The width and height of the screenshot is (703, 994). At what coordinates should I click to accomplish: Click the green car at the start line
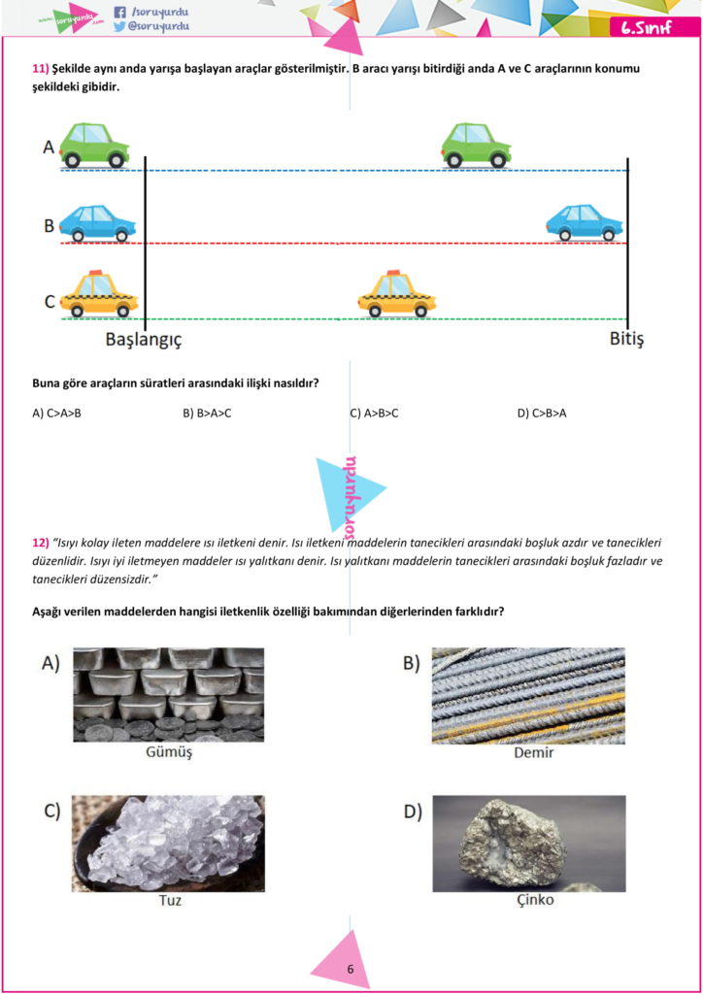[x=94, y=146]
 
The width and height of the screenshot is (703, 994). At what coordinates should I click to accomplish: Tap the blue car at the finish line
[x=584, y=222]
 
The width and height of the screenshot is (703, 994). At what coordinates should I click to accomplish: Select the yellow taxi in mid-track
[x=397, y=295]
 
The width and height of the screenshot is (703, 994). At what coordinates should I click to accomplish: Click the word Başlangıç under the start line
[x=144, y=340]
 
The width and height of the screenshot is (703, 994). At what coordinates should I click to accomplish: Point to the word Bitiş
[x=626, y=339]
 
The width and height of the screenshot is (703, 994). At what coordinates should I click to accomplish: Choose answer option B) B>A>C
[x=207, y=414]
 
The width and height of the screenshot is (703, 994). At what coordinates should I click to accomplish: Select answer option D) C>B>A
[x=542, y=414]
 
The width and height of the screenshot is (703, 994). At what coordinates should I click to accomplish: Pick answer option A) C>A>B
[x=56, y=414]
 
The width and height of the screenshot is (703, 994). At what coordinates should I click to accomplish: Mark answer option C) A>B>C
[x=374, y=414]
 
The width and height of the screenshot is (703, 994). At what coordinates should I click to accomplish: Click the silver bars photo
[x=168, y=694]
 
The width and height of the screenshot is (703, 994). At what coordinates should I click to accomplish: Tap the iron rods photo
[x=528, y=695]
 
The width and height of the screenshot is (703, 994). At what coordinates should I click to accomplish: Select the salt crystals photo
[x=168, y=843]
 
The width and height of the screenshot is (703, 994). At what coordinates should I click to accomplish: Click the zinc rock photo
[x=528, y=843]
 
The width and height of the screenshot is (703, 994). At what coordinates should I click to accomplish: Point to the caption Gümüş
[x=168, y=752]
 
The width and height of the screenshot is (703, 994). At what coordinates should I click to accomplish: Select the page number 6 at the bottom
[x=350, y=969]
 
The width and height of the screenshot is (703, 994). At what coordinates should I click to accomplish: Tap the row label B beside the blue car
[x=49, y=225]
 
